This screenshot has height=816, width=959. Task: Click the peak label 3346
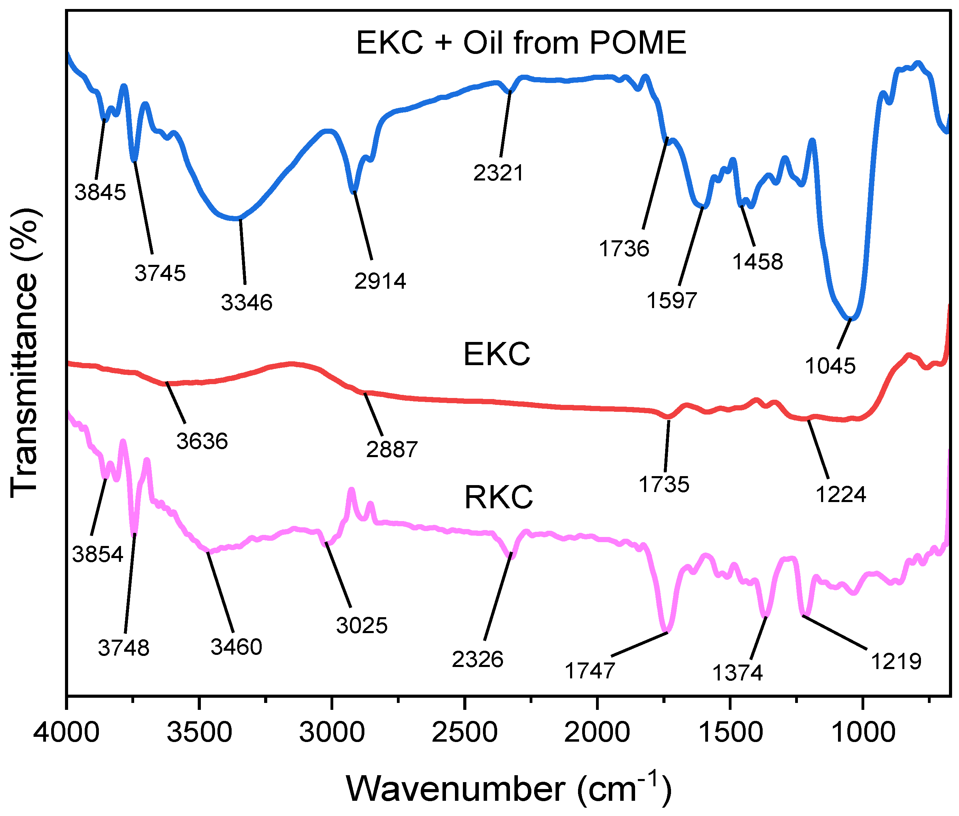(246, 303)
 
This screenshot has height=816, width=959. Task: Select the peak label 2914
(380, 281)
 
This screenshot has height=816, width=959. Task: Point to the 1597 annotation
(671, 301)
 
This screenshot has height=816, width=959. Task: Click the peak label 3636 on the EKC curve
(202, 441)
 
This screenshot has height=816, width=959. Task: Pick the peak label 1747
(589, 671)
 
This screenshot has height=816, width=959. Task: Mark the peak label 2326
(477, 659)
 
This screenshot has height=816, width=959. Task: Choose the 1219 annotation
(896, 661)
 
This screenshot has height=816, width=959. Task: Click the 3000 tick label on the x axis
(332, 732)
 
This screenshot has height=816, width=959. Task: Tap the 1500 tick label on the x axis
(730, 732)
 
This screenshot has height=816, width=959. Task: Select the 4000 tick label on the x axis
(66, 732)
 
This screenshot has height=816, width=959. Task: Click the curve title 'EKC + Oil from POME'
(521, 43)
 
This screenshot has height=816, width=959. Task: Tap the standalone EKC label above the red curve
(496, 354)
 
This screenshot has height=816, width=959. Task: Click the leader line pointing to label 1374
(758, 638)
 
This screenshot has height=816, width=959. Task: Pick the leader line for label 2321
(505, 124)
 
